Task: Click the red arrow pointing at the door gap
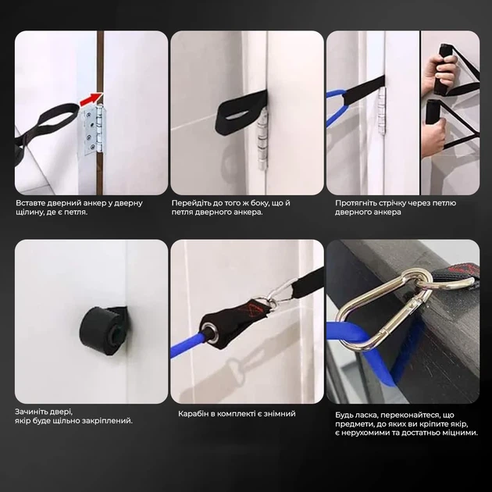click(x=91, y=99)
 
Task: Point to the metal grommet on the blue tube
click(x=210, y=333)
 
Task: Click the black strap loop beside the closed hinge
click(x=240, y=112)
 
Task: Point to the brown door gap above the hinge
click(x=100, y=62)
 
